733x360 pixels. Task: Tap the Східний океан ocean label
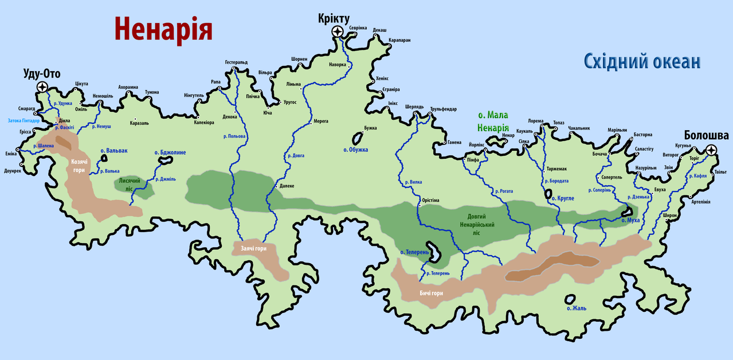click(642, 61)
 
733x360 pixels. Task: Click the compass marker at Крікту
click(338, 32)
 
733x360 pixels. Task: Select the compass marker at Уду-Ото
click(42, 87)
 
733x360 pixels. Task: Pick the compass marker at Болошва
click(711, 150)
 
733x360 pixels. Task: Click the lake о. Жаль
click(570, 299)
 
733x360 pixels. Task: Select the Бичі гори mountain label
click(431, 293)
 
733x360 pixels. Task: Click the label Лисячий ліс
click(130, 184)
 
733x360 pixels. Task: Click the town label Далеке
click(287, 186)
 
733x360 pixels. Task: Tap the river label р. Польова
click(234, 136)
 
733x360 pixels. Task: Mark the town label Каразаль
click(139, 123)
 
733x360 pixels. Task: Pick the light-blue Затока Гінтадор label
click(23, 120)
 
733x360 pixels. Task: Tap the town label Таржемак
click(556, 169)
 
